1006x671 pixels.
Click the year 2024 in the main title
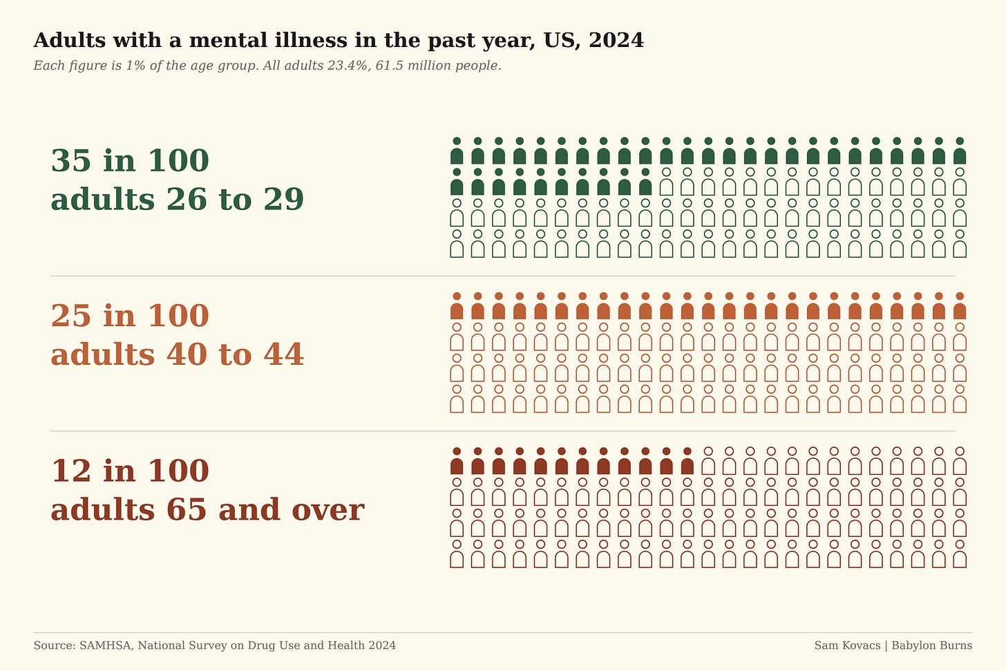tap(616, 40)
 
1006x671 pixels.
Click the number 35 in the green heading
tap(71, 160)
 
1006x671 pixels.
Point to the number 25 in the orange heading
tap(71, 315)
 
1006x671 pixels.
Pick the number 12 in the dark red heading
tap(71, 471)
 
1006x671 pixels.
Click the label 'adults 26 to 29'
tap(178, 199)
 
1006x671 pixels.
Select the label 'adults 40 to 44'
tap(178, 355)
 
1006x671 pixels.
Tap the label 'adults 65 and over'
tap(207, 510)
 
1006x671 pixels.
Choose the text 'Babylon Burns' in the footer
tap(932, 645)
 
